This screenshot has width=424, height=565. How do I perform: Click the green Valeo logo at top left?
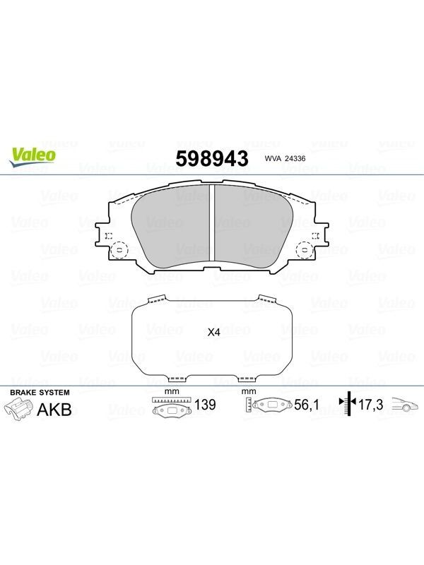(32, 157)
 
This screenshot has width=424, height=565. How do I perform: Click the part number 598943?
(212, 158)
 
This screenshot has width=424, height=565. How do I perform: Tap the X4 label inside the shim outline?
(214, 332)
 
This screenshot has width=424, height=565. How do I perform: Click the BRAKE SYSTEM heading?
(40, 393)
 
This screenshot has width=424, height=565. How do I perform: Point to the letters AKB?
(54, 410)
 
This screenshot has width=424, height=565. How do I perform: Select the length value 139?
(205, 405)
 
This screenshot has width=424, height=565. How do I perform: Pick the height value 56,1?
(307, 405)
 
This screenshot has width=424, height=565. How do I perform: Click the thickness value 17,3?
(370, 405)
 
